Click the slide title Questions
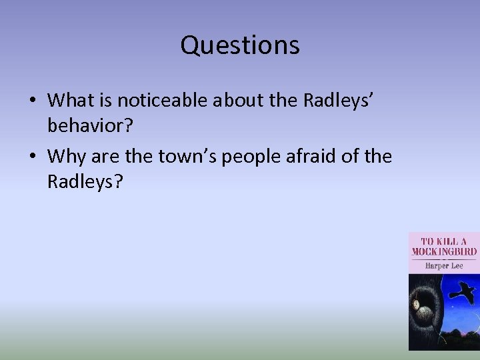coord(240,45)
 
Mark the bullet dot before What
coord(32,101)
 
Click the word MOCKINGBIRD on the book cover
coord(444,252)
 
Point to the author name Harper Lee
coord(444,265)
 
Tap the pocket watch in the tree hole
coord(418,304)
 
